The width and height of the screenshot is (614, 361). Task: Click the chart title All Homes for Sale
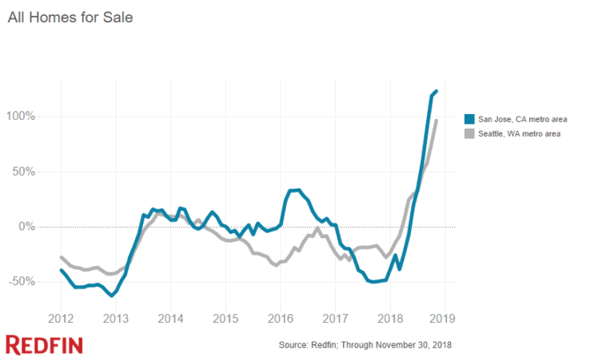pyautogui.click(x=70, y=18)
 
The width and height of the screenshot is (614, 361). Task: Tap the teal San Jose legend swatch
pyautogui.click(x=470, y=119)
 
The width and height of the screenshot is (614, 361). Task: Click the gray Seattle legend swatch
pyautogui.click(x=470, y=133)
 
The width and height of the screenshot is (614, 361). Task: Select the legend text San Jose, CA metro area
pyautogui.click(x=522, y=119)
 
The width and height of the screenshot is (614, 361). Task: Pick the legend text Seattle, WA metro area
pyautogui.click(x=519, y=133)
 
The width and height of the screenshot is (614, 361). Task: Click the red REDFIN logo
pyautogui.click(x=44, y=345)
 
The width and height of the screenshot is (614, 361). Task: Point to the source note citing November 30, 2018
pyautogui.click(x=365, y=345)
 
